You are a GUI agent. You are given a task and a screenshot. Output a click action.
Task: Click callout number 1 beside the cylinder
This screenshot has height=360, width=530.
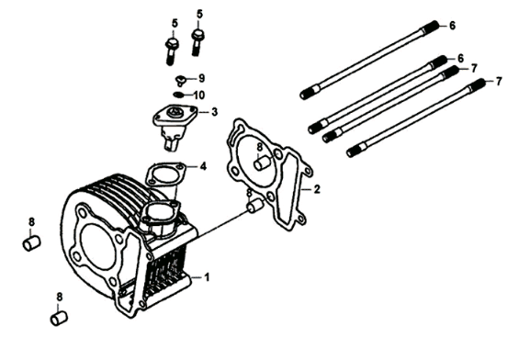[x=208, y=276]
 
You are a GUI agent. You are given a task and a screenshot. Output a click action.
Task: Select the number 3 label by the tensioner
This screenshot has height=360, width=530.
[x=214, y=113]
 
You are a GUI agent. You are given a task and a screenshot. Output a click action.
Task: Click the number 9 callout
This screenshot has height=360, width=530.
[x=201, y=77]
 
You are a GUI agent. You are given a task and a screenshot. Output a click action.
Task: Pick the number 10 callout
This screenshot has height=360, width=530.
[x=200, y=95]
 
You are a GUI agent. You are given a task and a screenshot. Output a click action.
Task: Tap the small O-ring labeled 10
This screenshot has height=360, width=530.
[x=179, y=94]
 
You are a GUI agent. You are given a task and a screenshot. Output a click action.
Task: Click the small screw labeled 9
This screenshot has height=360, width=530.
[x=181, y=78]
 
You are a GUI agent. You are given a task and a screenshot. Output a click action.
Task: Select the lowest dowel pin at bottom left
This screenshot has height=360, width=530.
[x=60, y=318]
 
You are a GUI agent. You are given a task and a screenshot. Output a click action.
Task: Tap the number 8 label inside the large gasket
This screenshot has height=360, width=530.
[x=259, y=147]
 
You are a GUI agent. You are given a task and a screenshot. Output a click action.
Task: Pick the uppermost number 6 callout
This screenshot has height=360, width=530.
[x=451, y=25]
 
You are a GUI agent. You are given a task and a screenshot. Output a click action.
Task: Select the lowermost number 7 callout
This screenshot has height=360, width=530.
[x=499, y=82]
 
